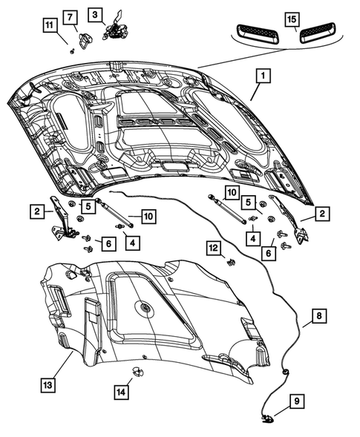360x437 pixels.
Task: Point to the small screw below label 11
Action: tap(71, 51)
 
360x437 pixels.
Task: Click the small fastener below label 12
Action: tap(231, 261)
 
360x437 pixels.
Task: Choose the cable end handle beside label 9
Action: tap(266, 420)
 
